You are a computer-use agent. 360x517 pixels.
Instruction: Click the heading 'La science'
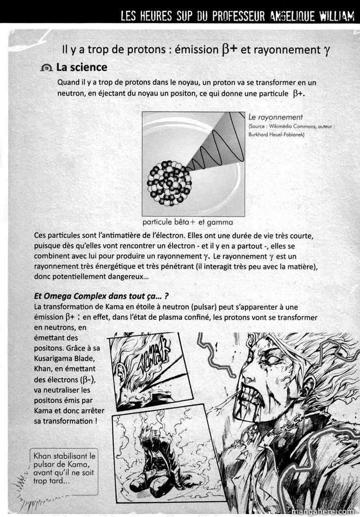click(x=81, y=67)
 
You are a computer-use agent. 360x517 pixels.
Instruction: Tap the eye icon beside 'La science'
click(x=47, y=68)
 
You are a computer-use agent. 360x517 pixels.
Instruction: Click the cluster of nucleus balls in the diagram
click(x=169, y=183)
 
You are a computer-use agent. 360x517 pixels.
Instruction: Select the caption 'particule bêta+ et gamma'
click(x=187, y=222)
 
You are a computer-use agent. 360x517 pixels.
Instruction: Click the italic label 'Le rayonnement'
click(x=275, y=117)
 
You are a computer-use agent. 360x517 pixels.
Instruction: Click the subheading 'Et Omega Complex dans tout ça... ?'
click(x=101, y=296)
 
